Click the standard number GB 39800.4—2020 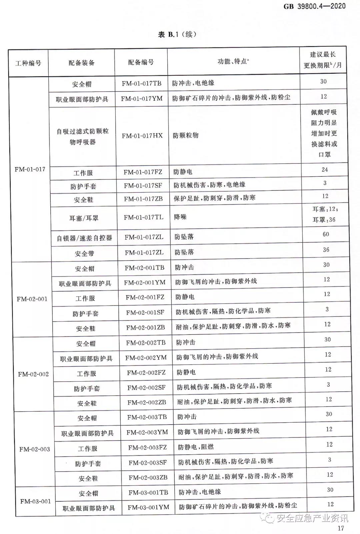coord(314,6)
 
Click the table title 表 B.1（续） coord(177,34)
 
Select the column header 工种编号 coord(28,63)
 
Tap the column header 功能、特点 coord(233,61)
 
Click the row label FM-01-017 coord(30,169)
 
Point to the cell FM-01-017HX coord(142,135)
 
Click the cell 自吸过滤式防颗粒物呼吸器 coord(83,136)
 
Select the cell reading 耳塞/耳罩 coord(84,218)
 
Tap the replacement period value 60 coord(326,234)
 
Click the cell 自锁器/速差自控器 coord(84,238)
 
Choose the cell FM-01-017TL coord(144,217)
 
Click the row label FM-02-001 coord(32,299)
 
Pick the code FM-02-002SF coord(146,388)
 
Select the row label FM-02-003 coord(35,449)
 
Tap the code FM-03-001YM coord(148,507)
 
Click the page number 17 coord(340,528)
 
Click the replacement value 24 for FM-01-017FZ coord(325,169)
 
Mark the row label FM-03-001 coord(36,501)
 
